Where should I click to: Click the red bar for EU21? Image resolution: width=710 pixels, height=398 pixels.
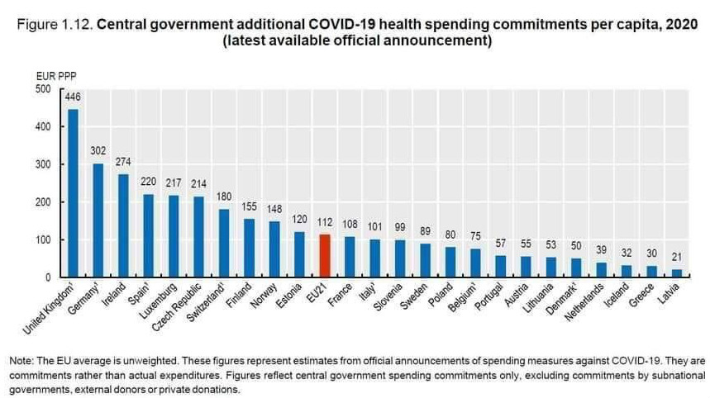[x=325, y=256]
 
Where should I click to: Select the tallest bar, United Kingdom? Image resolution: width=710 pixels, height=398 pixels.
[x=73, y=193]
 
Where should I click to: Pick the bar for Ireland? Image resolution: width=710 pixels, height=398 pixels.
[x=123, y=225]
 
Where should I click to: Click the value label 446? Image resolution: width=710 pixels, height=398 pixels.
[x=73, y=97]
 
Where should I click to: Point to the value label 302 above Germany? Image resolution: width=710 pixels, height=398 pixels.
[x=98, y=151]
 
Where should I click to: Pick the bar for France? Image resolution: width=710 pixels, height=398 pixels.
[x=350, y=257]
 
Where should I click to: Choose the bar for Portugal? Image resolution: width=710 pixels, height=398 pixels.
[x=501, y=267]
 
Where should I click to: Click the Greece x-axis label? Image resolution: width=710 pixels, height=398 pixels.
[x=645, y=294]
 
